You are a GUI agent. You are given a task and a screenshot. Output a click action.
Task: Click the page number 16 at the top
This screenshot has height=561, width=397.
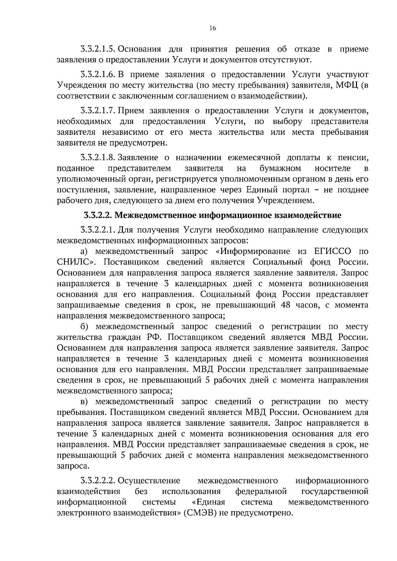(212, 28)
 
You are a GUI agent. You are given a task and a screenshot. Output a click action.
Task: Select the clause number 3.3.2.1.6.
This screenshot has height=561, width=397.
(98, 74)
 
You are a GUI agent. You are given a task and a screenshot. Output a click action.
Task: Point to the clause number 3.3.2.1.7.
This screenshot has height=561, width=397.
(98, 110)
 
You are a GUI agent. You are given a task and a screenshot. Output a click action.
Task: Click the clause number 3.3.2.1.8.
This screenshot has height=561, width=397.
(98, 157)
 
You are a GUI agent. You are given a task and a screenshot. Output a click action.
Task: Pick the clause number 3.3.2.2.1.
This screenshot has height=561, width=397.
(98, 230)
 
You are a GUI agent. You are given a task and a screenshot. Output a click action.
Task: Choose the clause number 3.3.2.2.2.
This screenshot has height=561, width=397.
(98, 480)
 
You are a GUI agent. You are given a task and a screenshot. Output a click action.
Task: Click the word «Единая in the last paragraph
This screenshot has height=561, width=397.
(208, 502)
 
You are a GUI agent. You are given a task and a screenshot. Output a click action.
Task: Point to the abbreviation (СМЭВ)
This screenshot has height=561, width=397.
(200, 513)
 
